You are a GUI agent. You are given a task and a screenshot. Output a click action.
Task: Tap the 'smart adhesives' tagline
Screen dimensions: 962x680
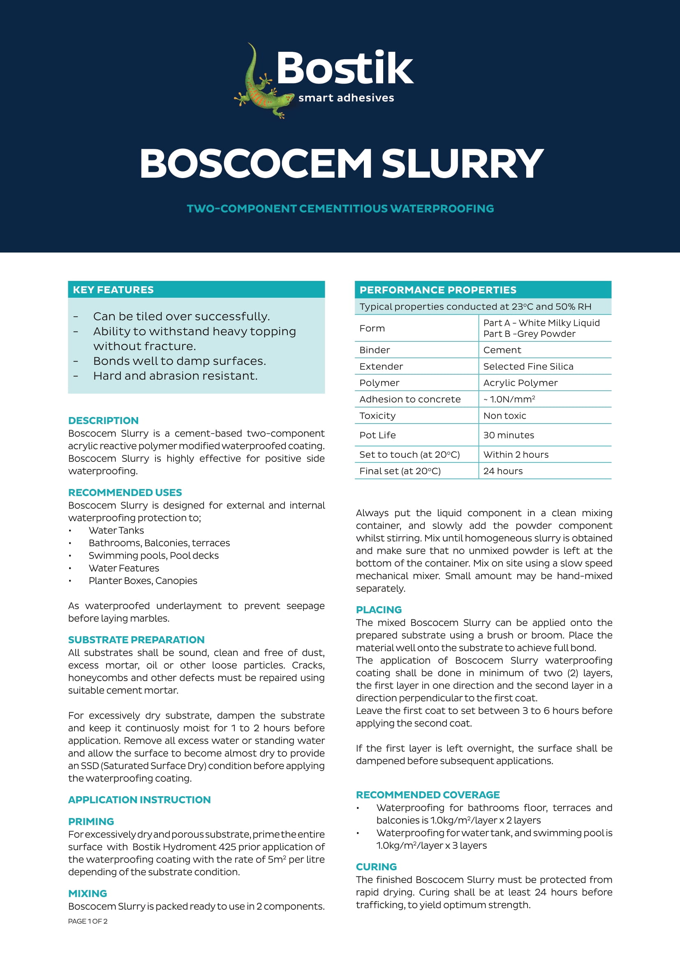pos(346,98)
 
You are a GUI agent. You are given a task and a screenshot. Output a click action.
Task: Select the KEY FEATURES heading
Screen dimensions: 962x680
pos(113,290)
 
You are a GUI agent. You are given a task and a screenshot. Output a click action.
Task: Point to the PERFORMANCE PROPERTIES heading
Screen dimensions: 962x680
pos(437,290)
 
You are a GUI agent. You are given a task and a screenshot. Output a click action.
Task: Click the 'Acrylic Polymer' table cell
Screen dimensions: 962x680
pos(520,383)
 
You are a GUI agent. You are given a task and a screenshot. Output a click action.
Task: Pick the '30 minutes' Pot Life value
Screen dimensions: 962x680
pos(508,435)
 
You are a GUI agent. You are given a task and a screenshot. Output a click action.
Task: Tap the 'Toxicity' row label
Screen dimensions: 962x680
pos(377,416)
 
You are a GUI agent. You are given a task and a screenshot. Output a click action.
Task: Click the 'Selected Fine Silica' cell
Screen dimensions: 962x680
pos(528,366)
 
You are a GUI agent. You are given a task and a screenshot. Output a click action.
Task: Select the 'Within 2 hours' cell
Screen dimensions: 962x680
pos(516,454)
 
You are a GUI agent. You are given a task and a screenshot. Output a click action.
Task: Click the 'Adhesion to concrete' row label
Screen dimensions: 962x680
pos(409,399)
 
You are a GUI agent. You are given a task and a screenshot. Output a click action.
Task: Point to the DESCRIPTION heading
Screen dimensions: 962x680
pos(103,420)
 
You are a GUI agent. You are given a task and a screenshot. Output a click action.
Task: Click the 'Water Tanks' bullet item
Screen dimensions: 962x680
pos(116,531)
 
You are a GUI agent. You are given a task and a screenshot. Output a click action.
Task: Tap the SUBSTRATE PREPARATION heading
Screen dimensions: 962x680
pos(136,640)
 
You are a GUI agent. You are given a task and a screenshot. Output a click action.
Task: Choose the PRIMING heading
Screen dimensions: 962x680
pos(91,821)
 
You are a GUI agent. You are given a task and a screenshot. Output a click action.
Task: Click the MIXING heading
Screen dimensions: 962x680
pos(88,893)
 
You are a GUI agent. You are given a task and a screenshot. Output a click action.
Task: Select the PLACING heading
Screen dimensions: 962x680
pos(379,610)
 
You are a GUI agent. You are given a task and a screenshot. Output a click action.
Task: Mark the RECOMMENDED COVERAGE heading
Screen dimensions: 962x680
pos(428,795)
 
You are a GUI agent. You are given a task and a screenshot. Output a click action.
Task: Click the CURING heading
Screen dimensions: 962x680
pos(376,867)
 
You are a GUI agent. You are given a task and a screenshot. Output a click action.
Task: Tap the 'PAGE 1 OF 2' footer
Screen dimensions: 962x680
pos(88,921)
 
